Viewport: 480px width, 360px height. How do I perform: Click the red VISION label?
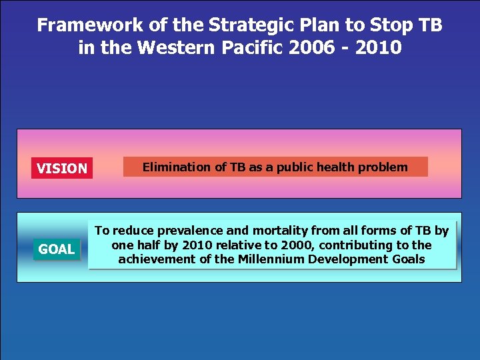(x=62, y=169)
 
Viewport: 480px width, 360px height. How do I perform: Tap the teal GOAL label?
(x=56, y=249)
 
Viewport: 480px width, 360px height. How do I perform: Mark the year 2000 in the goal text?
(x=276, y=245)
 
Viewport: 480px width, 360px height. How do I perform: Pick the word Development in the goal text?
(x=345, y=259)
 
